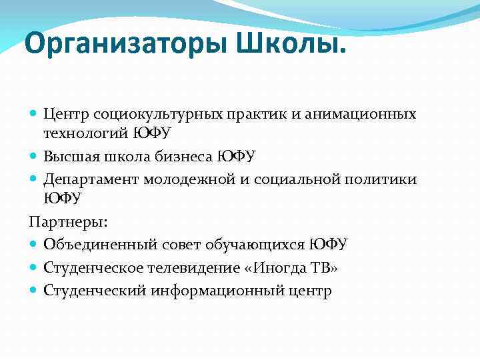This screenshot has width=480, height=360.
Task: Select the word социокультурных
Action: click(153, 115)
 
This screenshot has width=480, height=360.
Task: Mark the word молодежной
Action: click(191, 180)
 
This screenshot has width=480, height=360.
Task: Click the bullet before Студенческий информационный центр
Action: click(35, 291)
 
